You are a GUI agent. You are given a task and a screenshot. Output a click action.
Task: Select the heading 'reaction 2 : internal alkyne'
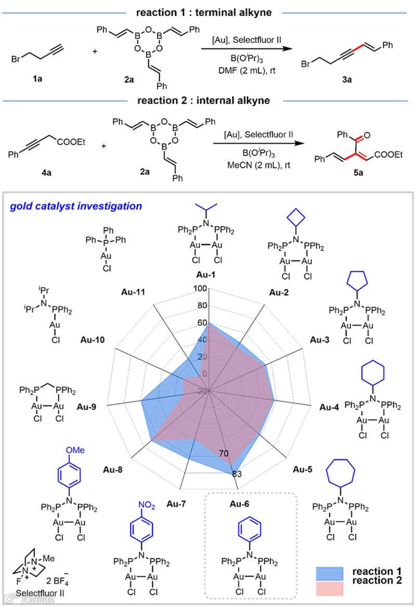pyautogui.click(x=207, y=99)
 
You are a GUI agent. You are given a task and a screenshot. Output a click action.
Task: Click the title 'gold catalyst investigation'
pyautogui.click(x=75, y=206)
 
